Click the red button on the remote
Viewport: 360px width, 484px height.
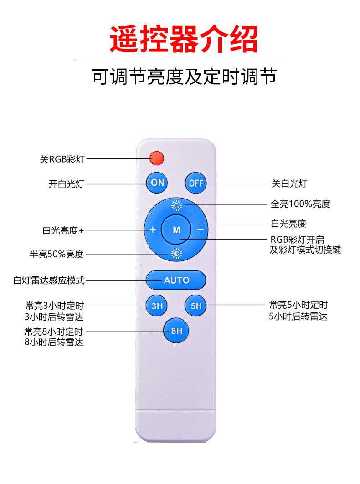pos(156,158)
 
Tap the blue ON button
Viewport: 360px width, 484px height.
pos(157,183)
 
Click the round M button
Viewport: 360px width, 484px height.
pos(176,230)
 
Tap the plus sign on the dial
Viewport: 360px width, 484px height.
pos(153,229)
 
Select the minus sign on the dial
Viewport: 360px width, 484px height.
pos(201,230)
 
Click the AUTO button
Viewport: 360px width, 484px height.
pos(176,280)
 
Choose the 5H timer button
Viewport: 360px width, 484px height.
pos(196,306)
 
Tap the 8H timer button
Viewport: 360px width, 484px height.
pos(176,331)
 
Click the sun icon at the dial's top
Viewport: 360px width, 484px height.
pos(176,205)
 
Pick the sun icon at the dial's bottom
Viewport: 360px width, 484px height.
pos(176,255)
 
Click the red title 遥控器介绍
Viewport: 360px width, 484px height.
pos(184,39)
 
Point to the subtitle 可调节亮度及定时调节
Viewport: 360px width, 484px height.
pos(184,76)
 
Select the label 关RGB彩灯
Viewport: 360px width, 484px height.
pos(62,159)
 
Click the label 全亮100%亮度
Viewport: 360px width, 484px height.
pos(300,204)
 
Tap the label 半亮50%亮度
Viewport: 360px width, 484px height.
pos(57,254)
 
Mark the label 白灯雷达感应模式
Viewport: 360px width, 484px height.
pos(49,280)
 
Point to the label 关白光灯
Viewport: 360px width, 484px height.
pos(289,183)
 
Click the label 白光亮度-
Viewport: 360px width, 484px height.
pos(290,224)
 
